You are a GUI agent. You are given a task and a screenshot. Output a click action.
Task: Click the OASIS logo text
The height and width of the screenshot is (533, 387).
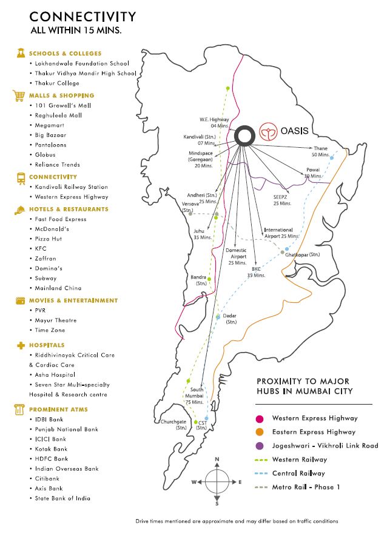pyautogui.click(x=295, y=131)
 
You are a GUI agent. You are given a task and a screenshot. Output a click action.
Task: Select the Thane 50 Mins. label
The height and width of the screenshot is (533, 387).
pyautogui.click(x=320, y=151)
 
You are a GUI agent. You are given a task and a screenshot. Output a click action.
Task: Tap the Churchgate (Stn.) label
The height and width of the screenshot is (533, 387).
pyautogui.click(x=173, y=424)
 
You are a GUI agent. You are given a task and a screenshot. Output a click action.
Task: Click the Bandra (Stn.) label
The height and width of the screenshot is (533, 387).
pyautogui.click(x=199, y=280)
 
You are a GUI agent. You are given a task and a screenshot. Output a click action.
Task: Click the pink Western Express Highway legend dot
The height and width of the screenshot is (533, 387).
pyautogui.click(x=260, y=418)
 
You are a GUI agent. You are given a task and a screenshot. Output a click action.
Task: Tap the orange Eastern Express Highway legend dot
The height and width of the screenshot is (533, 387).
pyautogui.click(x=260, y=432)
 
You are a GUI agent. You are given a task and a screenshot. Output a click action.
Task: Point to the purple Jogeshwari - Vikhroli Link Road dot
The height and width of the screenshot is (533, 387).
pyautogui.click(x=260, y=446)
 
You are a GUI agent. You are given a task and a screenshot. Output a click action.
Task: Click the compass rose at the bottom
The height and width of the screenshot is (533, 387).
pyautogui.click(x=217, y=482)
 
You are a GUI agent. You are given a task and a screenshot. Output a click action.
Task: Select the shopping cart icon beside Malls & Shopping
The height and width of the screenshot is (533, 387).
pyautogui.click(x=18, y=96)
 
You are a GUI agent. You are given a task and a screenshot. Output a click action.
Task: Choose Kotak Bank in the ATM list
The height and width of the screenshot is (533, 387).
pyautogui.click(x=51, y=449)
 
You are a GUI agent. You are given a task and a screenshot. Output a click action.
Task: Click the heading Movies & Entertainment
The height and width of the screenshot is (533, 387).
pyautogui.click(x=73, y=300)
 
